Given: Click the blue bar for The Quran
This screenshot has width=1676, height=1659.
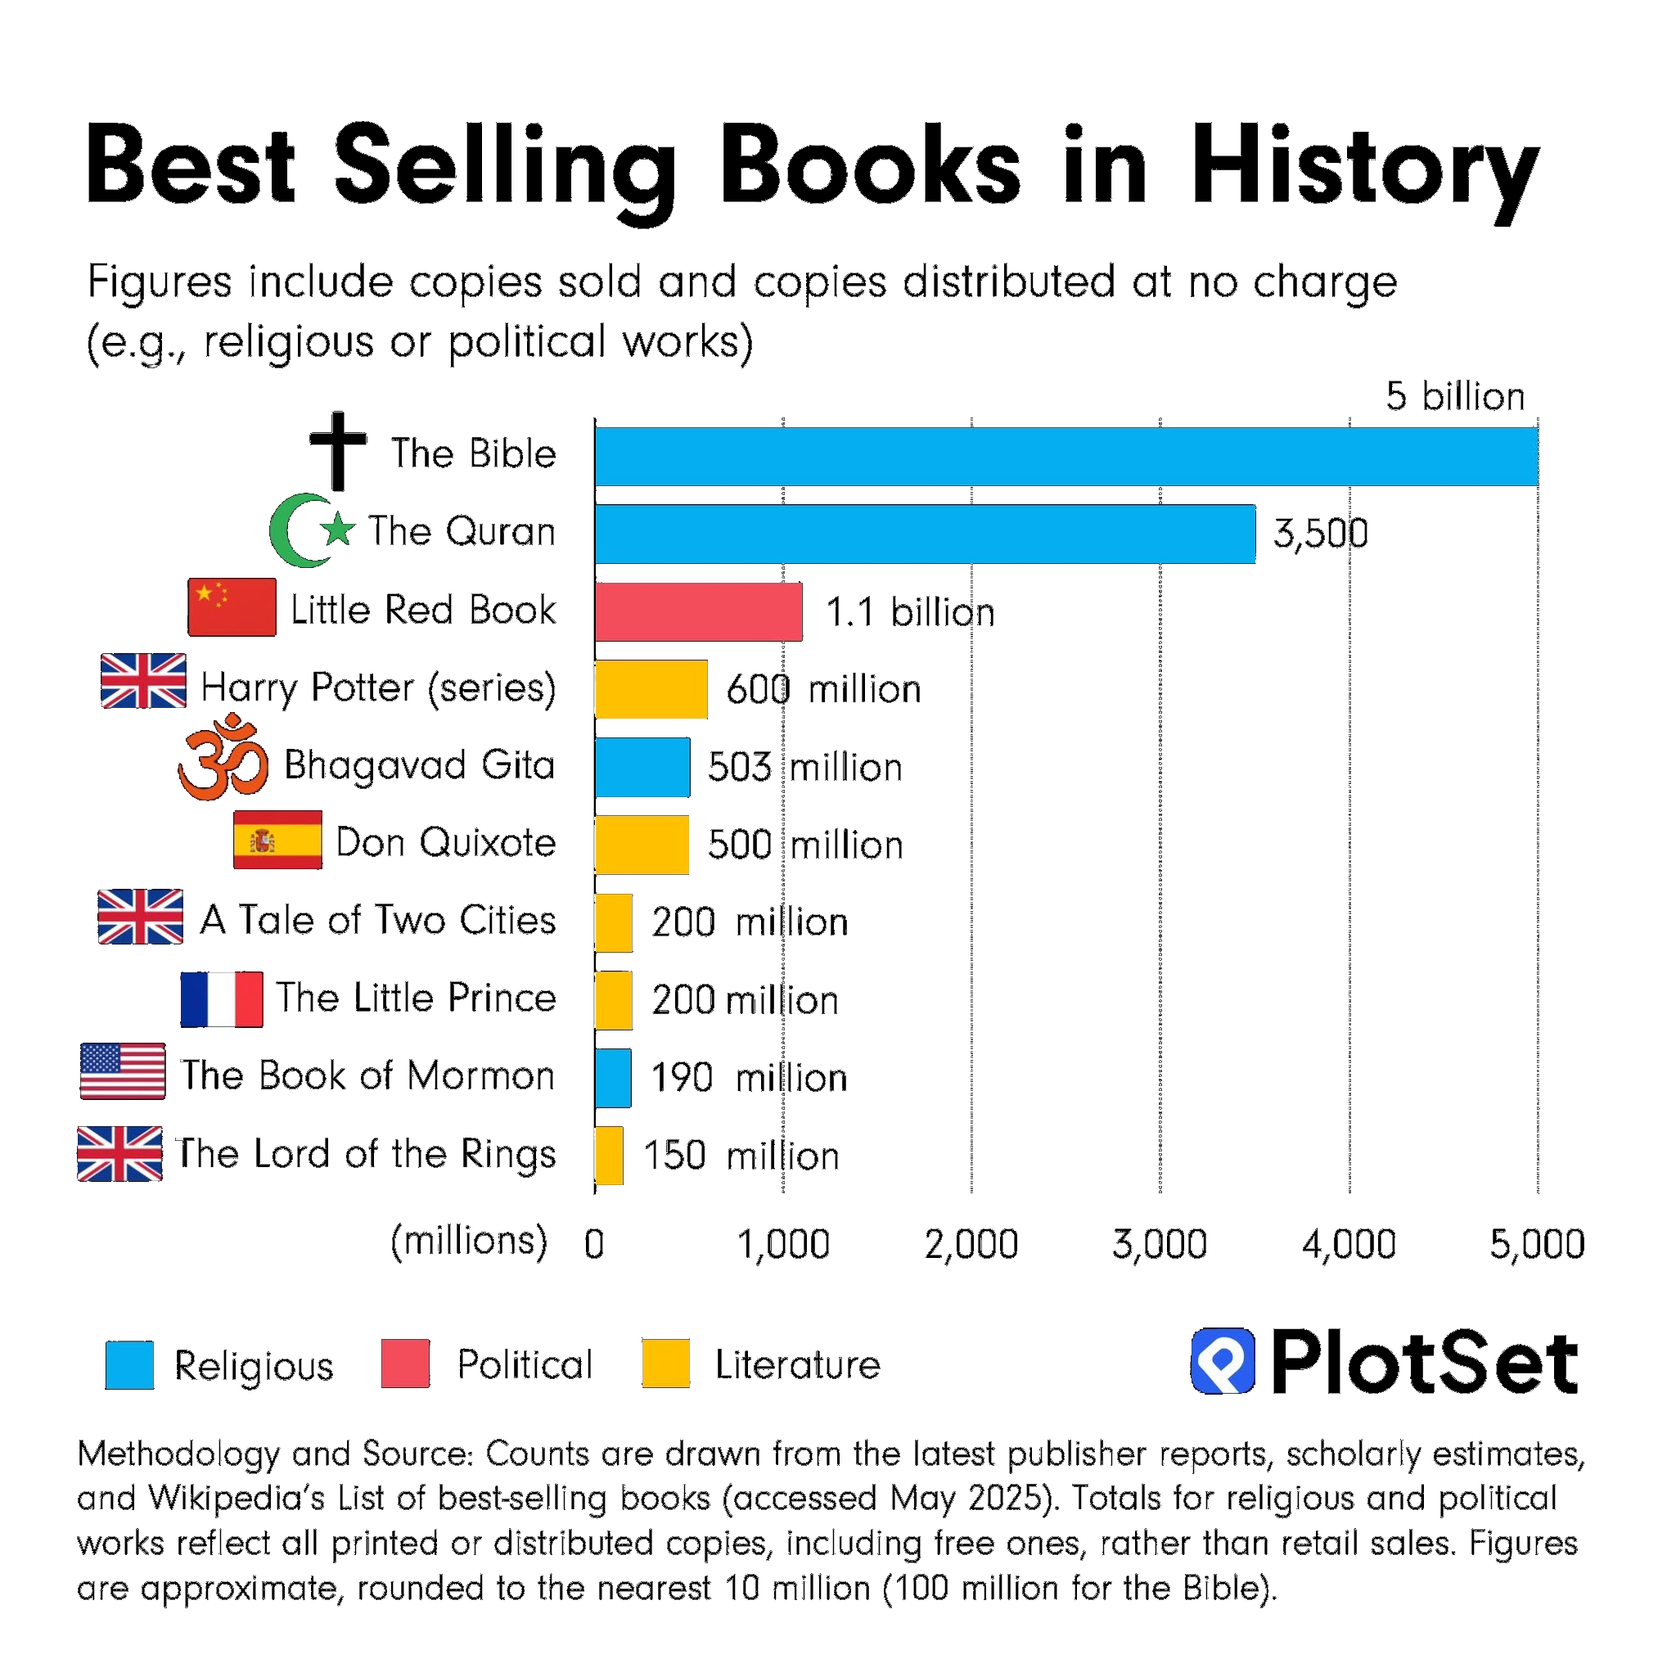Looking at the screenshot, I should [925, 534].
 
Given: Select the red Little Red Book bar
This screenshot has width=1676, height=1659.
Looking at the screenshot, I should [698, 611].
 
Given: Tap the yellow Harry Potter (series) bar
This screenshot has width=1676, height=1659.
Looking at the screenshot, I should [651, 689].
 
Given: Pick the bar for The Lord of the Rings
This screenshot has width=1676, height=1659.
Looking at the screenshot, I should [609, 1155].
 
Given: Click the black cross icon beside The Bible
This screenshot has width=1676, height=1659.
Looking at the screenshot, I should [338, 449].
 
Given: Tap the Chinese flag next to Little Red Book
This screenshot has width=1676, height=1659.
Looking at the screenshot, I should [232, 606].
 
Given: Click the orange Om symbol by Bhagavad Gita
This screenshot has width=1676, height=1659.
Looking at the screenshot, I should [223, 758].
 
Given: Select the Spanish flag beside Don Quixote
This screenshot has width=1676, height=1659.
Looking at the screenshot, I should [277, 839].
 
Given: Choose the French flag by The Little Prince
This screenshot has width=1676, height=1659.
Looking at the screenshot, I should [221, 999].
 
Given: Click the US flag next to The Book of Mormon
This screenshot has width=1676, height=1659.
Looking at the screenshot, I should [122, 1071].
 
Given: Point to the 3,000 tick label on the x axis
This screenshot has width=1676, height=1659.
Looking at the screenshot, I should [1159, 1243].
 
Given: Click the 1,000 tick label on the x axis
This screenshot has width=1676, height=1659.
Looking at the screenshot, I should [782, 1243].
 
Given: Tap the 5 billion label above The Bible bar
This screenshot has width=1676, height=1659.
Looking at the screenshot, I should [1454, 396].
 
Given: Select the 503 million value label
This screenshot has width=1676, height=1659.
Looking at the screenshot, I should [804, 767].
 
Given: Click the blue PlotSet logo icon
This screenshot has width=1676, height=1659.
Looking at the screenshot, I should [1223, 1359].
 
